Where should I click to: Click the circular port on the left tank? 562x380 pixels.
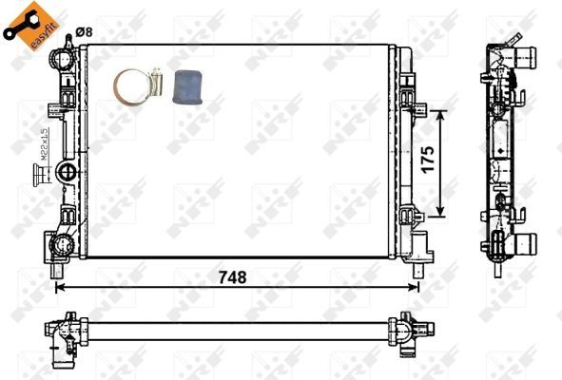[x=68, y=172]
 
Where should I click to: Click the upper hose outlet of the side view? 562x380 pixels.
[x=523, y=58]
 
